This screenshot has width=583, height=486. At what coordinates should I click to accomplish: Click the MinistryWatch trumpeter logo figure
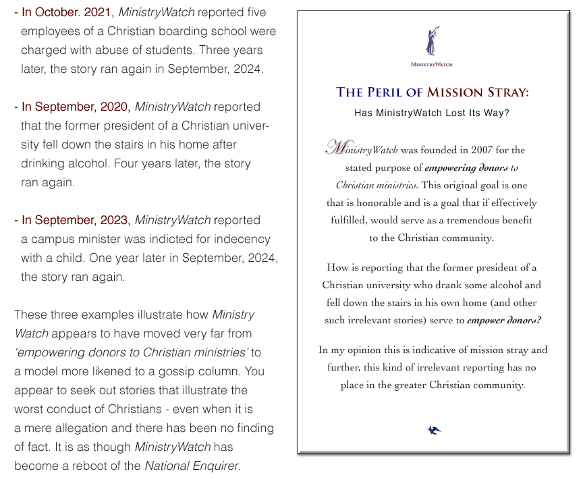(x=431, y=42)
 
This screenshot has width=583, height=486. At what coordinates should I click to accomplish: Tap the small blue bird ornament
(x=435, y=429)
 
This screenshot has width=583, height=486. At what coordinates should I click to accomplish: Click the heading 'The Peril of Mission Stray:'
(x=432, y=92)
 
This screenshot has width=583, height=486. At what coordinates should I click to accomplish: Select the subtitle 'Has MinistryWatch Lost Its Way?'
(x=432, y=113)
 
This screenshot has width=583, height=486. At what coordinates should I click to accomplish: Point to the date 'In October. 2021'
(x=66, y=12)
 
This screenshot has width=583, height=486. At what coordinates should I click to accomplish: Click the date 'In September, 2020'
(x=74, y=107)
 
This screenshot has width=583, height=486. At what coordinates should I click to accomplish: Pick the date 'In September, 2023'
(x=74, y=220)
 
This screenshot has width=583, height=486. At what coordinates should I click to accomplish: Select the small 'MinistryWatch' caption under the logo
(x=432, y=65)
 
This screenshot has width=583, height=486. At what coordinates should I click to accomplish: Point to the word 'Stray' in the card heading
(x=505, y=92)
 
